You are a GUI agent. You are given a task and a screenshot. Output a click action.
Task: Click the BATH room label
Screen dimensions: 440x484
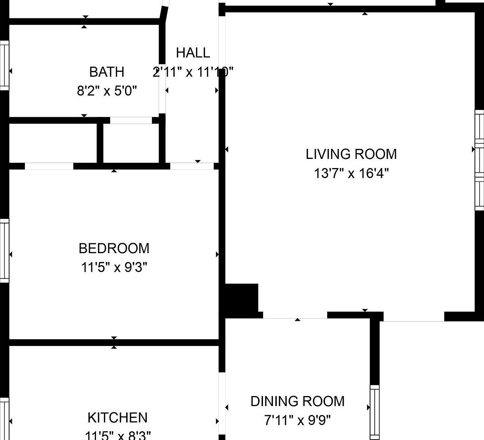(107, 72)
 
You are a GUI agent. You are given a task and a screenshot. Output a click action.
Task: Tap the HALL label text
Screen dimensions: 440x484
(193, 53)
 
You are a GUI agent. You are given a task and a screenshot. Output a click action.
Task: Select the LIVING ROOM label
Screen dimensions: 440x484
(351, 154)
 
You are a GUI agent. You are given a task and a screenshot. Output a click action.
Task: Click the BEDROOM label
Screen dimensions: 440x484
(114, 248)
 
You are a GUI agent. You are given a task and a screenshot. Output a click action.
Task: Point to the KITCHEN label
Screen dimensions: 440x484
(117, 417)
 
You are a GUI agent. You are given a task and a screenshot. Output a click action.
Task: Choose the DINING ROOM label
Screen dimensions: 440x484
(297, 401)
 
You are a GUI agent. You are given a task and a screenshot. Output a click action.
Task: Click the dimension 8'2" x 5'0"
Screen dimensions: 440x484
(107, 91)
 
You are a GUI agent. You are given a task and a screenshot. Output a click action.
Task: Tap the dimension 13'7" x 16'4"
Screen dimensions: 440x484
(351, 173)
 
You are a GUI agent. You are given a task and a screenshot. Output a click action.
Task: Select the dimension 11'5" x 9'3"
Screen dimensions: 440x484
(114, 267)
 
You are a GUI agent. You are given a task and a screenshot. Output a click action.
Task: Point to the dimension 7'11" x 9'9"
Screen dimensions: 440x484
(297, 421)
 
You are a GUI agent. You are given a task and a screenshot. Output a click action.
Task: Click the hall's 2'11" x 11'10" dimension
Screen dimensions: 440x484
(193, 72)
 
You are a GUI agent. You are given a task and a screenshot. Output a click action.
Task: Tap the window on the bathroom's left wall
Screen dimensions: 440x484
(4, 65)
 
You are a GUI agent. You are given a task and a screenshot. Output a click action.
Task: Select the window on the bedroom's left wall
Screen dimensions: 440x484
(4, 251)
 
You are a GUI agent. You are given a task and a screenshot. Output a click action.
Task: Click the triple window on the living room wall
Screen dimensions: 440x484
(479, 160)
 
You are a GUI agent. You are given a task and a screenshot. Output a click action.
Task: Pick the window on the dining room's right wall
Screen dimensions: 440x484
(374, 412)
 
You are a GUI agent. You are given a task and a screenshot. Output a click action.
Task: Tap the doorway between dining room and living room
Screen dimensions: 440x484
(295, 315)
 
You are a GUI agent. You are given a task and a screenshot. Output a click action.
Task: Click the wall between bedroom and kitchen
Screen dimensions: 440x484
(114, 342)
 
